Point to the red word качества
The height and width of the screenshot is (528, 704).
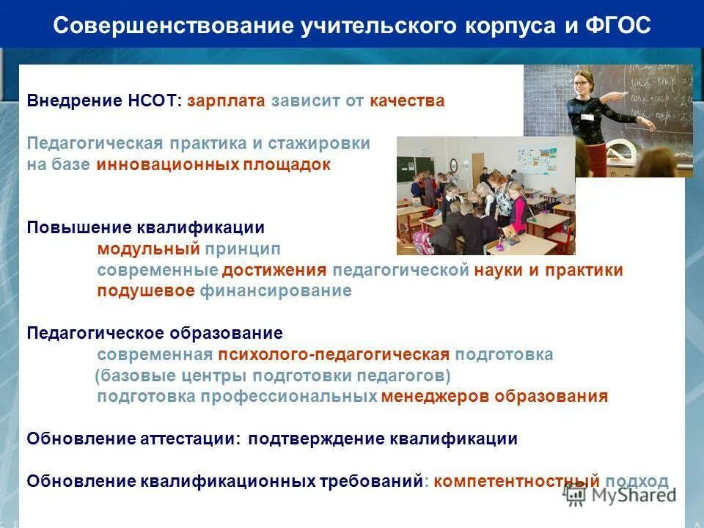tap(407, 101)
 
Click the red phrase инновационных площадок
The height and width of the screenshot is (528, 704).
tap(213, 165)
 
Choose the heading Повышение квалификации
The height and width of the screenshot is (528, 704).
tap(146, 227)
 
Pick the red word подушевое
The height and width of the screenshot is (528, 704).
tap(146, 291)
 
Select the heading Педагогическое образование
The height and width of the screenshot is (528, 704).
tap(155, 334)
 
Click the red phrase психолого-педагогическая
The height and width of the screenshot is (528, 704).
tap(333, 355)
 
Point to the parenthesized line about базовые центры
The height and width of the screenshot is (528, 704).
tap(273, 376)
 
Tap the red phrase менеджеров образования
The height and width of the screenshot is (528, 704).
tap(494, 397)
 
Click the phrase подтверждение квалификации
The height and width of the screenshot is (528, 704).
tap(382, 439)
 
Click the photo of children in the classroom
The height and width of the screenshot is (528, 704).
tap(485, 196)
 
